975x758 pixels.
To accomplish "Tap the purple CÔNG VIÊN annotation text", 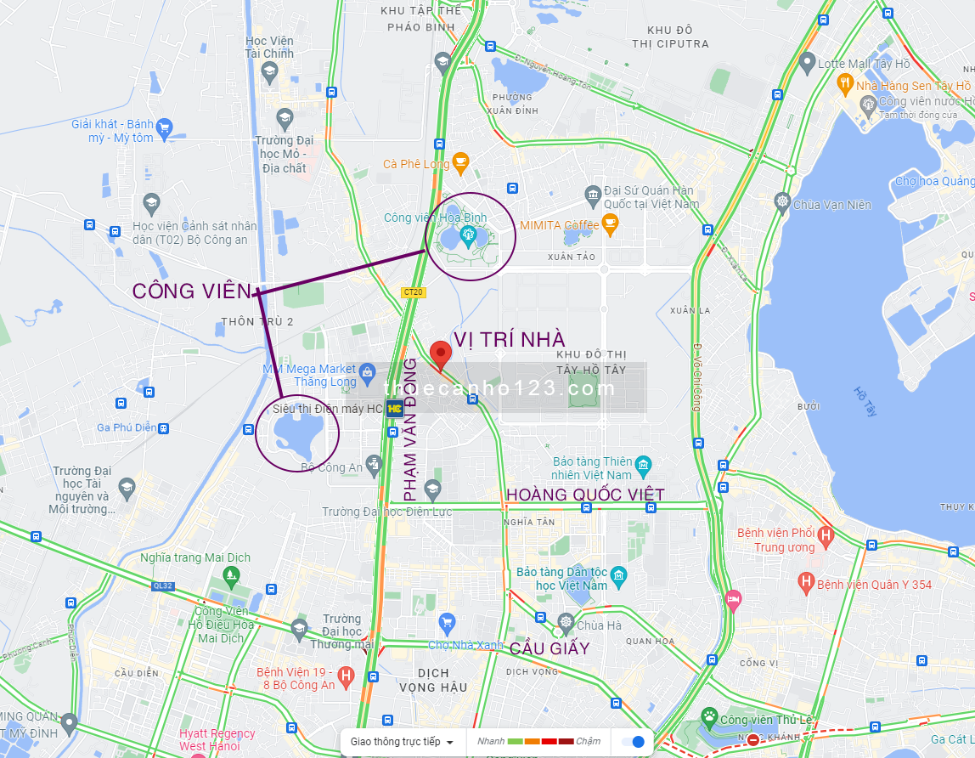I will pyautogui.click(x=192, y=291).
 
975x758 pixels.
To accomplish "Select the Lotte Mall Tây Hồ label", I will pyautogui.click(x=864, y=64).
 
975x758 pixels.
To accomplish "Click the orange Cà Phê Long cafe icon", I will pyautogui.click(x=460, y=161).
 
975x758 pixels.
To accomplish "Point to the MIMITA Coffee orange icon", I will pyautogui.click(x=609, y=223).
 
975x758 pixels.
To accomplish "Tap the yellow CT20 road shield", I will pyautogui.click(x=413, y=292).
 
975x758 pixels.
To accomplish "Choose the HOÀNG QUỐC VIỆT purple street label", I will pyautogui.click(x=585, y=494).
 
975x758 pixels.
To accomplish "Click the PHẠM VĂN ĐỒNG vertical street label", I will pyautogui.click(x=410, y=429).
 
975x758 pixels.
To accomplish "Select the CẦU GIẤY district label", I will pyautogui.click(x=549, y=648).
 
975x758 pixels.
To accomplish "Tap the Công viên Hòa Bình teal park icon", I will pyautogui.click(x=467, y=234).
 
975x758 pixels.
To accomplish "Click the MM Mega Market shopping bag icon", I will pyautogui.click(x=368, y=371).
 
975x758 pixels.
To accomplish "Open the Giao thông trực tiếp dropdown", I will pyautogui.click(x=402, y=742).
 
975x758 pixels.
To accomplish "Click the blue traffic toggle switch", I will pyautogui.click(x=634, y=742).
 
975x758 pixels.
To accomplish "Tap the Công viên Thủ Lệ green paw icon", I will pyautogui.click(x=709, y=719).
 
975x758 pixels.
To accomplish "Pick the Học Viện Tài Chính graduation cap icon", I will pyautogui.click(x=269, y=71).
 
